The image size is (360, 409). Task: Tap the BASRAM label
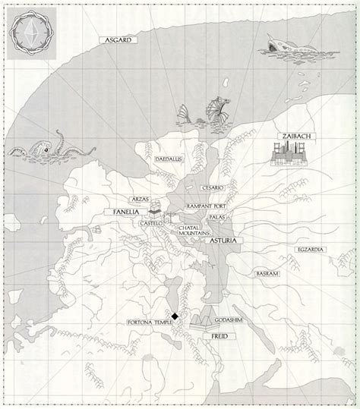coord(266,273)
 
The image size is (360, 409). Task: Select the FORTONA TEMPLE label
coord(150,323)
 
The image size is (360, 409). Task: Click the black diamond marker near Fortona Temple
coord(175,316)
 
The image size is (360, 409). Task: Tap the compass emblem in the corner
coord(33,33)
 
